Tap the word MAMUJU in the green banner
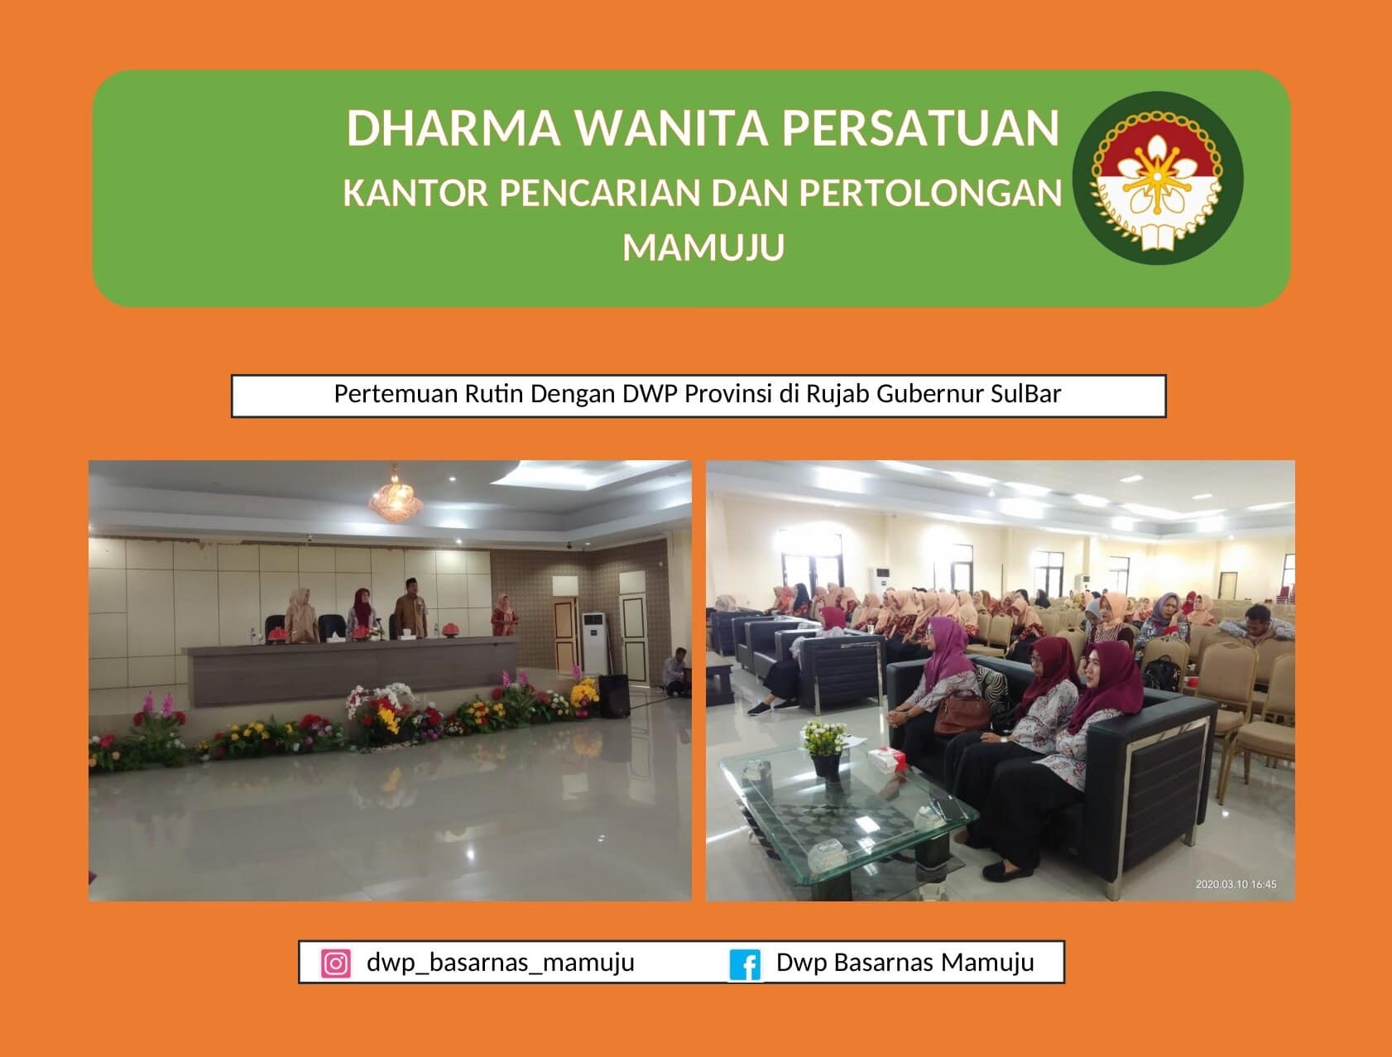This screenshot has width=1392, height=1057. [x=703, y=247]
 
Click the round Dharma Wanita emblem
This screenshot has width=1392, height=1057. [x=1157, y=178]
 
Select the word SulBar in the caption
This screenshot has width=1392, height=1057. [x=1025, y=393]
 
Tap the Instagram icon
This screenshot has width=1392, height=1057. [x=335, y=963]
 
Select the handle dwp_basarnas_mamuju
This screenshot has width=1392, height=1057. [x=501, y=963]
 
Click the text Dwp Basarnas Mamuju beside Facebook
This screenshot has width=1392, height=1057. [x=905, y=963]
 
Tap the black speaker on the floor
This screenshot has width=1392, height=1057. [x=613, y=695]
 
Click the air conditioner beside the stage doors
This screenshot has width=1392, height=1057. [x=593, y=643]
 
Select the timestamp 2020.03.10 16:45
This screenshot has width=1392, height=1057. [x=1236, y=884]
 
